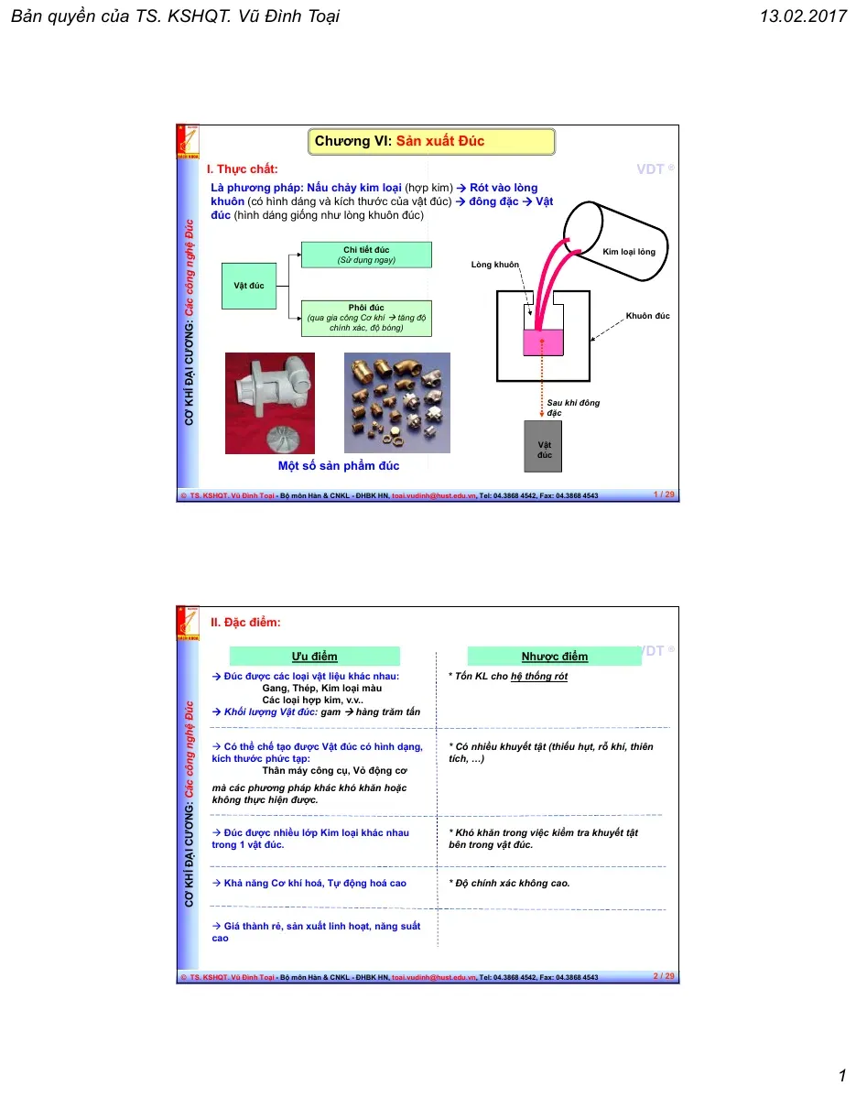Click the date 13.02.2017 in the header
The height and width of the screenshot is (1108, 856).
(803, 16)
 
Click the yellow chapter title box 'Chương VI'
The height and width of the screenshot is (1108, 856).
(431, 141)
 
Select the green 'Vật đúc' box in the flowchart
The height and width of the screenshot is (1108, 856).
(249, 286)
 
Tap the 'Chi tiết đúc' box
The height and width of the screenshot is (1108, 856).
(366, 255)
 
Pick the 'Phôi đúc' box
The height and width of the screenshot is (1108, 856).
(366, 318)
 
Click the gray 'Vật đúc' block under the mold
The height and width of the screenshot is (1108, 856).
(543, 446)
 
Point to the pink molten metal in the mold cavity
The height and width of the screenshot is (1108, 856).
(543, 342)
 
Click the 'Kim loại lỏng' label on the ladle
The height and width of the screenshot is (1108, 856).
(629, 252)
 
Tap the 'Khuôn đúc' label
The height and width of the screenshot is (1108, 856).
(647, 316)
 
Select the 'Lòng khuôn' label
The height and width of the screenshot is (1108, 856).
(494, 265)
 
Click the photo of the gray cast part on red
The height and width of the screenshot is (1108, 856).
(270, 403)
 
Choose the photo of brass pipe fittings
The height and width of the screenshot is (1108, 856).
(397, 403)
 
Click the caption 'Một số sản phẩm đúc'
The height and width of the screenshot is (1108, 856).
(339, 465)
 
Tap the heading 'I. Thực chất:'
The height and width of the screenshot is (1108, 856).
(243, 169)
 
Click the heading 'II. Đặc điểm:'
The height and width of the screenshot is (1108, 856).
(245, 622)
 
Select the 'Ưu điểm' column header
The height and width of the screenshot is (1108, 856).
(315, 657)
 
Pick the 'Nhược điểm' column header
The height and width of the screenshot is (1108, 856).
(554, 657)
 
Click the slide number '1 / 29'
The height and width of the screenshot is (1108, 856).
(664, 494)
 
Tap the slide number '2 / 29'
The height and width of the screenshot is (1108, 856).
(664, 976)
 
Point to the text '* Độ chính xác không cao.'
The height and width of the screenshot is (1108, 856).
(509, 883)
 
